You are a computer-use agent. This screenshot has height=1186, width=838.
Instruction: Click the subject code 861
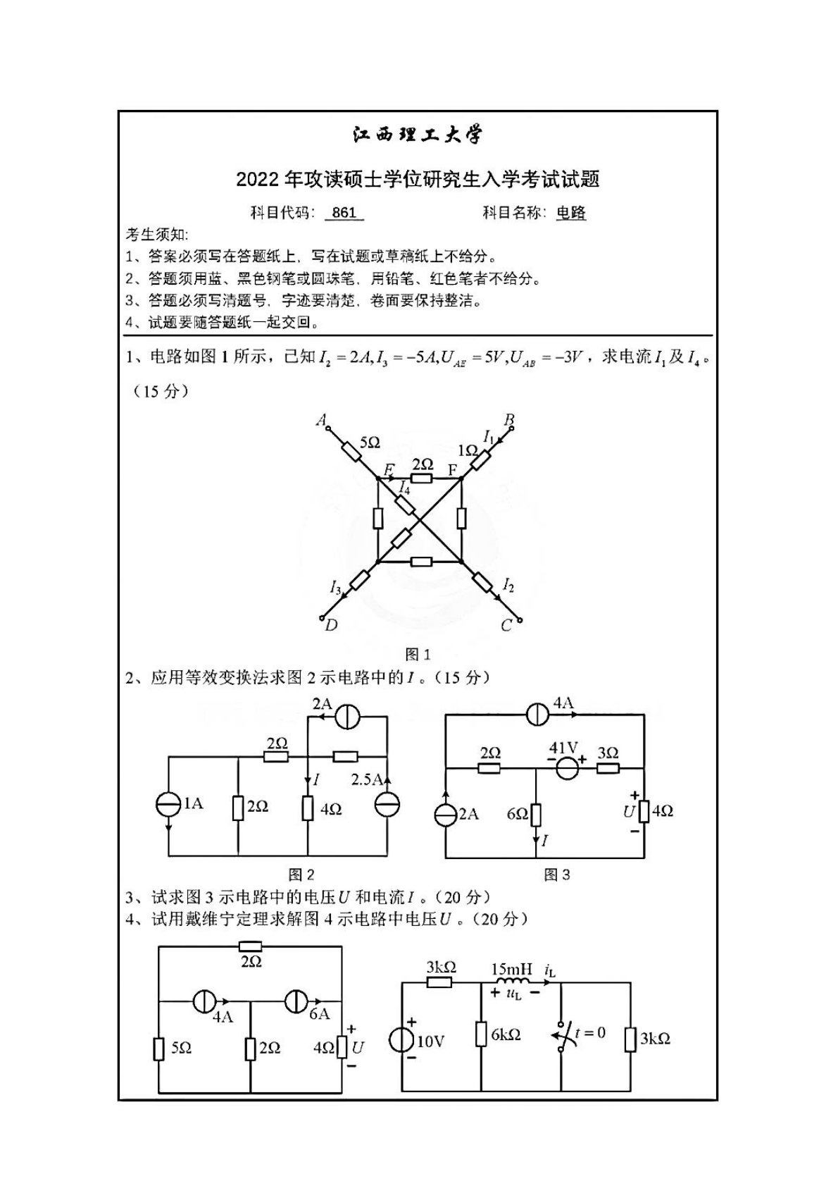[344, 213]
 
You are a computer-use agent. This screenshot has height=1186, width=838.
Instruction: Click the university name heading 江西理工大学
[418, 134]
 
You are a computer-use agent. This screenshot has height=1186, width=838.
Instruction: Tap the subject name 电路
[570, 213]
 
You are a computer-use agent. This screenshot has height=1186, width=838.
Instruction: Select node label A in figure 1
[321, 421]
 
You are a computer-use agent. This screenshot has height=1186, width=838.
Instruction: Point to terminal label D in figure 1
[331, 625]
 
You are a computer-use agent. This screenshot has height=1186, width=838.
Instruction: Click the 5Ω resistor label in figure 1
[369, 443]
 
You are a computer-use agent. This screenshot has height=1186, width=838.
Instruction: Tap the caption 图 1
[418, 655]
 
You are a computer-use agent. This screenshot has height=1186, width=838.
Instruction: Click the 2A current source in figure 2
[347, 717]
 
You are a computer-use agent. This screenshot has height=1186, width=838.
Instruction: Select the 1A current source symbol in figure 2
[169, 805]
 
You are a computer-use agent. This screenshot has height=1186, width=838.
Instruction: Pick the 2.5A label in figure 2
[368, 779]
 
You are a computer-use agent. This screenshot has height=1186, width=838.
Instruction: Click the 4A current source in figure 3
[539, 714]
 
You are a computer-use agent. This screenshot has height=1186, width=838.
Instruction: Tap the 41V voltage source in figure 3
[565, 767]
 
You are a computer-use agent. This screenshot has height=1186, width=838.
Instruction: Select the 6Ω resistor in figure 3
[536, 815]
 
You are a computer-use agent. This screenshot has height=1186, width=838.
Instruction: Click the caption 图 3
[557, 875]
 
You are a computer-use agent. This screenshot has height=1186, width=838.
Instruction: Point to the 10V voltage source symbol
[401, 1040]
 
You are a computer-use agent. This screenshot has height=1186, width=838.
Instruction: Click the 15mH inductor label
[512, 969]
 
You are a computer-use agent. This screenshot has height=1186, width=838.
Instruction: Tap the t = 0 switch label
[590, 1033]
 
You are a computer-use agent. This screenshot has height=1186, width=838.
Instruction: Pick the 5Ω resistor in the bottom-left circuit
[159, 1049]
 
